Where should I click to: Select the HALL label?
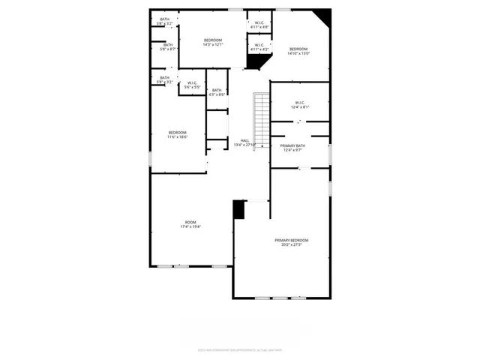pos(245,140)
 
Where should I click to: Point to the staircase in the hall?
pos(261,120)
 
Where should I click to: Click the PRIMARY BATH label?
pos(292,145)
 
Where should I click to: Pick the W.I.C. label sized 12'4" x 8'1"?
pos(299,103)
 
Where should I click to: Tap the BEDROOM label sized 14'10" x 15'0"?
pos(298,49)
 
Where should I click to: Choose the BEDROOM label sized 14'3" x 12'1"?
pos(213,40)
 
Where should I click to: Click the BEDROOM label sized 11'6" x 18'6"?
pos(177,133)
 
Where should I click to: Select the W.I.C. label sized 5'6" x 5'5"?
pos(193,82)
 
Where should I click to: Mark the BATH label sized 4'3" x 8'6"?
pos(216,90)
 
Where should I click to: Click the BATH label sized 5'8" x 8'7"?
pos(168,44)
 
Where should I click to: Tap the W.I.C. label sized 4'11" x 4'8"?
pos(259,22)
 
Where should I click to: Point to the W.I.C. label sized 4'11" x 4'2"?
pos(259,45)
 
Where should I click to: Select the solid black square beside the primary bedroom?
pos(239,209)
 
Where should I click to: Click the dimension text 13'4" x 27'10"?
pos(245,145)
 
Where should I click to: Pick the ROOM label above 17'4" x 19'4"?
pos(190,222)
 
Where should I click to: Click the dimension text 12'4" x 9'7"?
pos(292,150)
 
